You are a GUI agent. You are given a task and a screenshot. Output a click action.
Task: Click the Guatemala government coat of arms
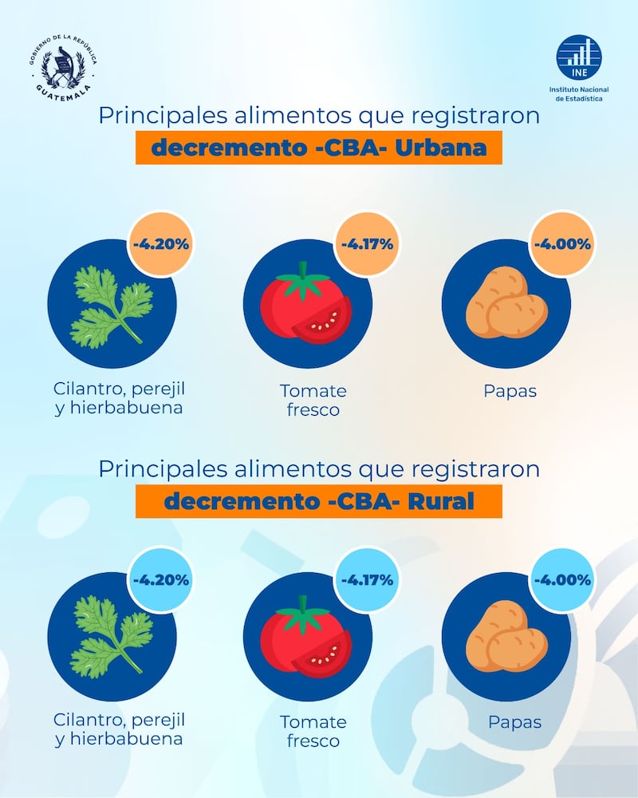[x=63, y=65]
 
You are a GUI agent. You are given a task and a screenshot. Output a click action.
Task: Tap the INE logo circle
[x=580, y=57]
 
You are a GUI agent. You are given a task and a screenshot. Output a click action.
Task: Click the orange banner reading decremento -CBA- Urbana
[x=318, y=148]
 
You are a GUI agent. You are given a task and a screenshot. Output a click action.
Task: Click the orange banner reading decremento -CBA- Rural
[x=318, y=501]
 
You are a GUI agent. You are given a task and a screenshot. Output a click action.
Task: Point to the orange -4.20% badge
[x=159, y=243]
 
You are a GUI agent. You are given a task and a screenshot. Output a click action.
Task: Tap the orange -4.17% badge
[x=367, y=243]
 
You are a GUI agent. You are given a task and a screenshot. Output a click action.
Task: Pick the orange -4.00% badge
[x=561, y=243]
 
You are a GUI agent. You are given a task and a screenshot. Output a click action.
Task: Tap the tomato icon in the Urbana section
[x=307, y=307]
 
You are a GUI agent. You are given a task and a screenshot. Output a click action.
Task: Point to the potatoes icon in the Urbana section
[x=506, y=303]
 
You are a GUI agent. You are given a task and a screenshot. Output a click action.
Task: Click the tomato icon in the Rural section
[x=307, y=638]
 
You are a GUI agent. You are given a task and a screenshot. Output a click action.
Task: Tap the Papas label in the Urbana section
[x=510, y=392]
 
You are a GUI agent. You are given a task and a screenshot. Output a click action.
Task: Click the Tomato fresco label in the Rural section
[x=313, y=732]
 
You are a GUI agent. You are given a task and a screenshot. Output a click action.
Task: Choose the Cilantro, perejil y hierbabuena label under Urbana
[x=119, y=398]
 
